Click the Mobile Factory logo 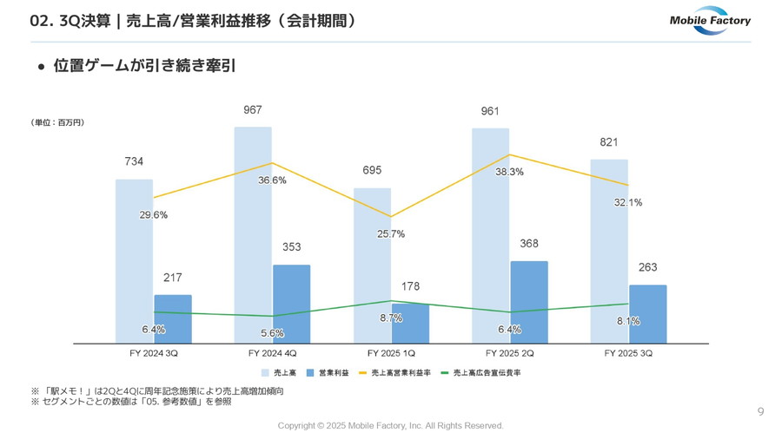pos(709,23)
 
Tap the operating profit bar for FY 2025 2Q pos(529,301)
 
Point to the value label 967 pos(253,110)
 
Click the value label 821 pos(608,142)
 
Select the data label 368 pos(529,244)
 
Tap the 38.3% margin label pos(509,172)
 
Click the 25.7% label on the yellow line pos(390,233)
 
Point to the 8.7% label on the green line pos(391,318)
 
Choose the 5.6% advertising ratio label pos(272,333)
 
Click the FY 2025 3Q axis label pos(628,354)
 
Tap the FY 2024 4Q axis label pos(272,354)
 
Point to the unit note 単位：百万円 pos(57,123)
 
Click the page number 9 pos(760,412)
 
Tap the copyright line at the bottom pos(390,426)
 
